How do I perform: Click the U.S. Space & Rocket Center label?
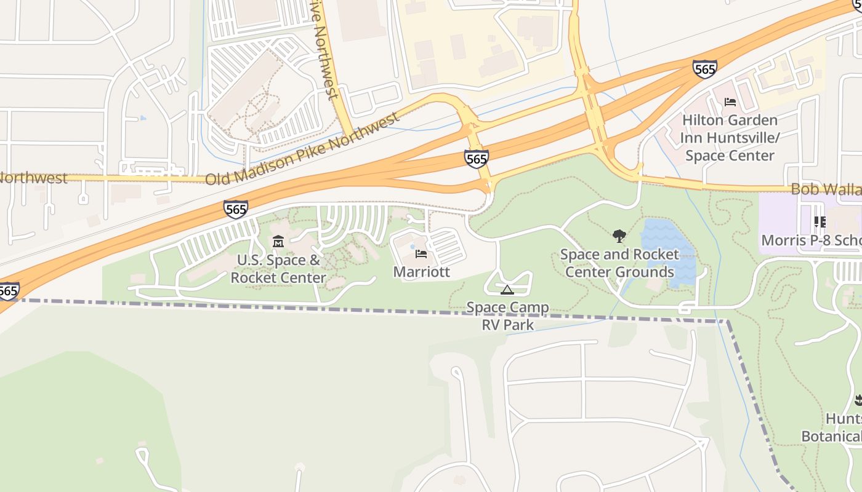278,269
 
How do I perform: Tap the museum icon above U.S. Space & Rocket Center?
278,242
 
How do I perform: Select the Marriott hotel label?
421,272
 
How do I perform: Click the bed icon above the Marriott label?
421,253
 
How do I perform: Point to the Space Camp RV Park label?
507,315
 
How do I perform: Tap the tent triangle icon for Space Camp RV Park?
507,290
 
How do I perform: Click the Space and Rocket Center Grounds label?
619,263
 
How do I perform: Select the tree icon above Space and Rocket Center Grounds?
619,236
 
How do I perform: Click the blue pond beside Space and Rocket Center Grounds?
668,252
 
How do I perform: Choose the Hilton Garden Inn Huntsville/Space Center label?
730,138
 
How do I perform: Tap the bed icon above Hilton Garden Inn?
730,101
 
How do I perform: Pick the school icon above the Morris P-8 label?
820,221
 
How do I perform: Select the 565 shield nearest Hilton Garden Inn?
704,68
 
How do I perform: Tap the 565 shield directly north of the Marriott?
477,159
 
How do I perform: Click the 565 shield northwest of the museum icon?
236,209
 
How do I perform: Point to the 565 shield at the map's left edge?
9,290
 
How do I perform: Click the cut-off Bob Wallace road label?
826,189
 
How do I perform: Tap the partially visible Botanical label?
831,437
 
